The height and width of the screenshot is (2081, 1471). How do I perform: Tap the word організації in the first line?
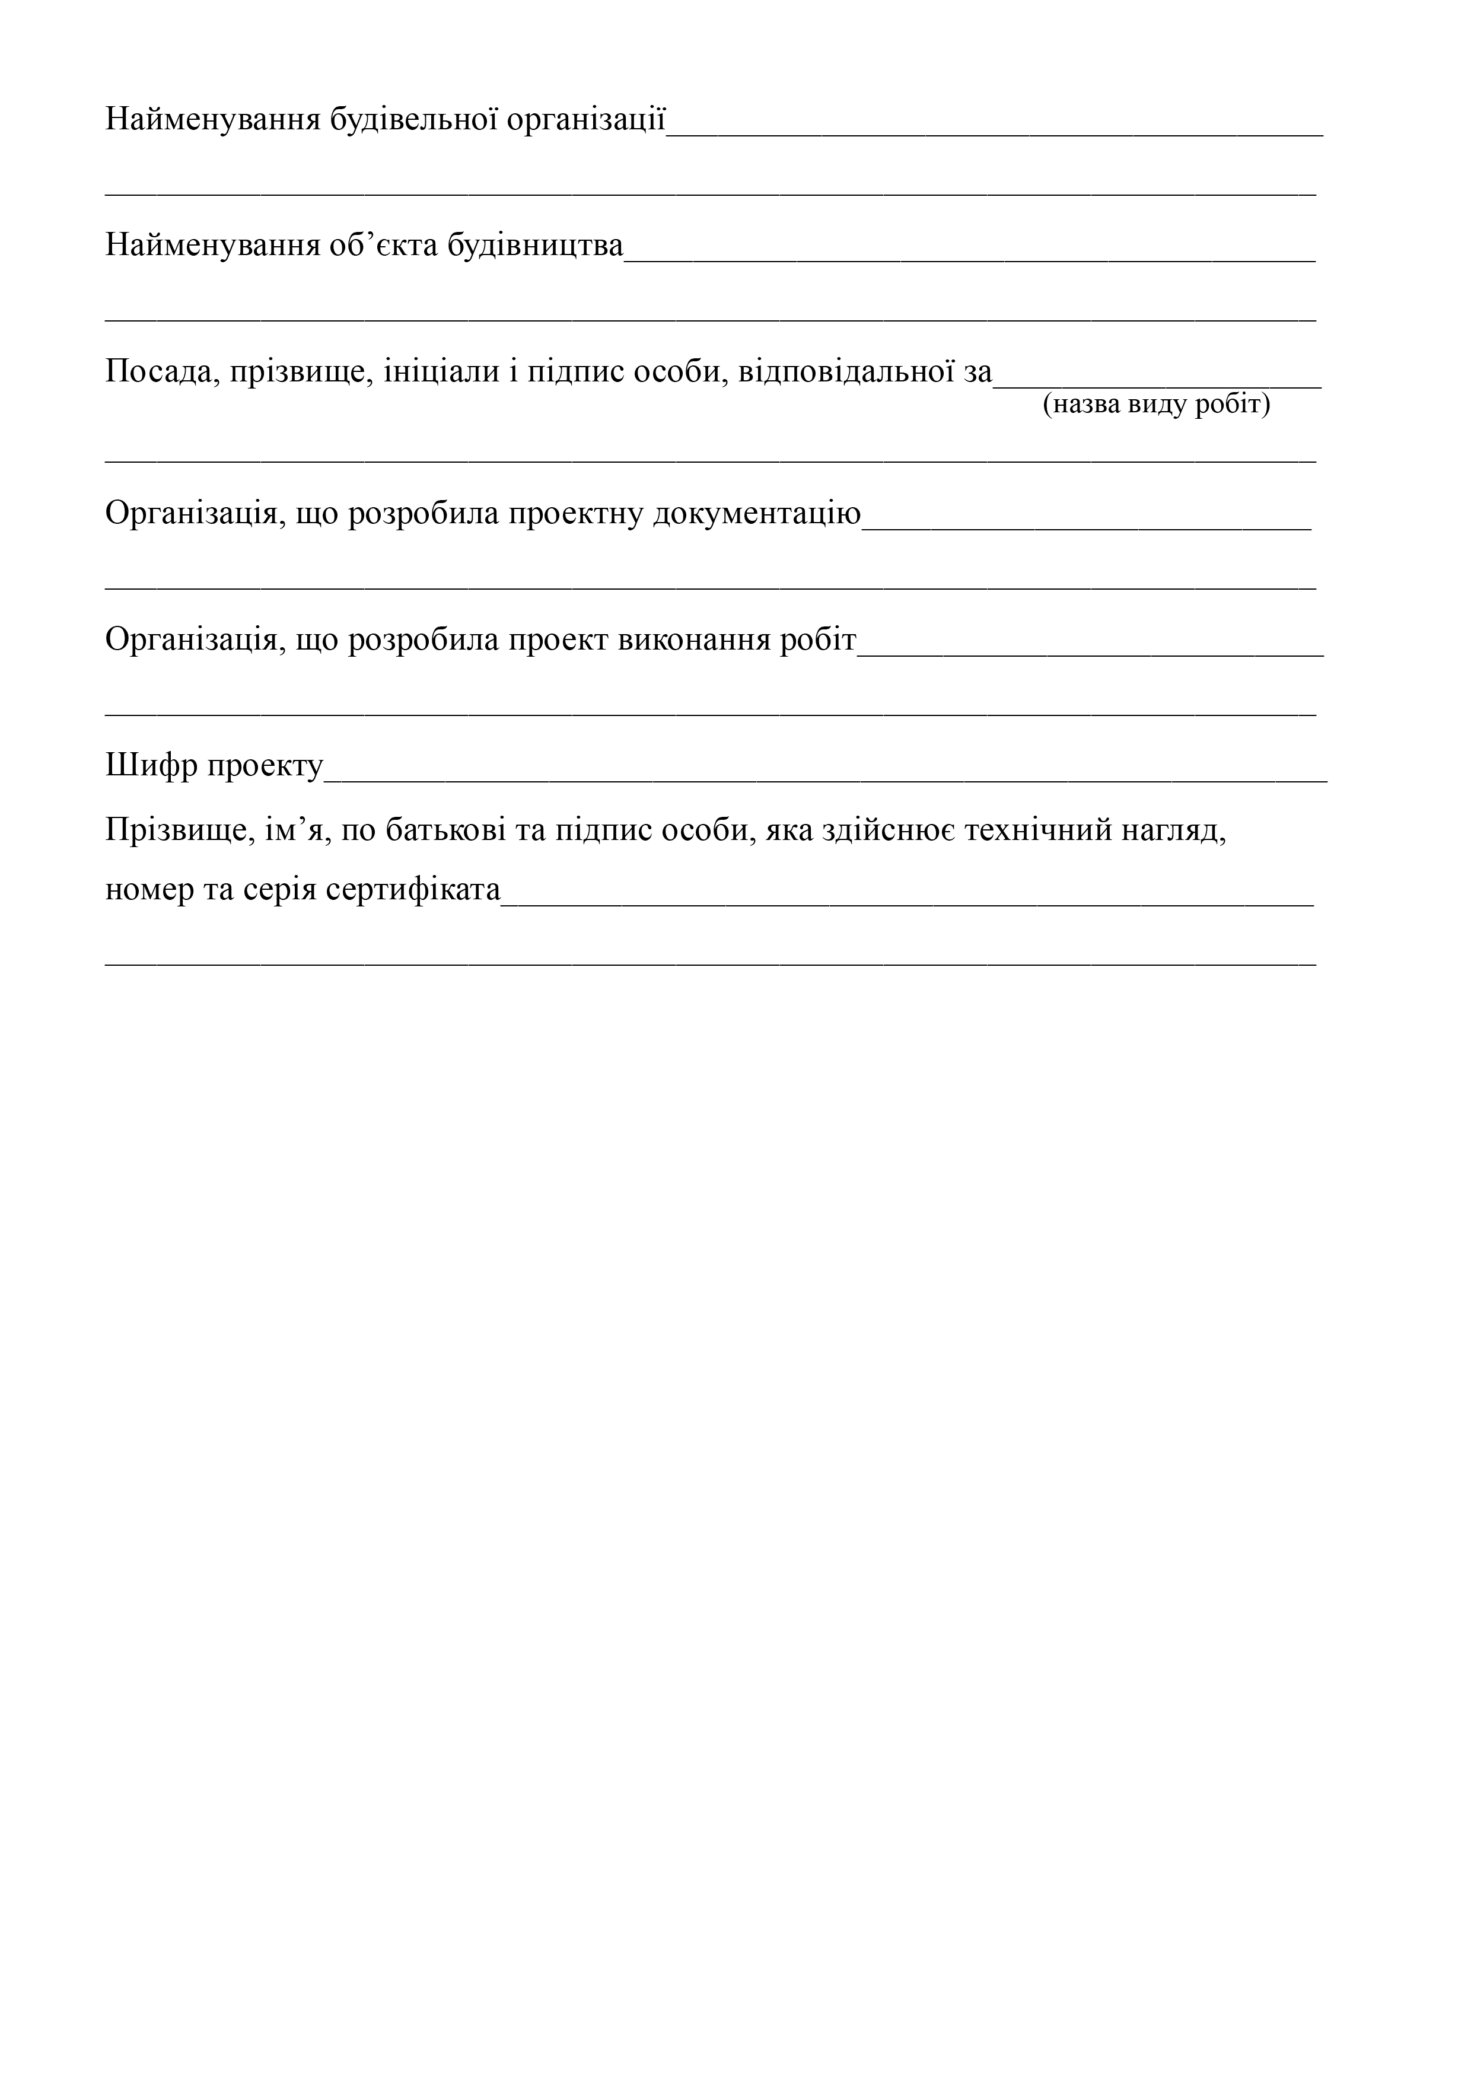587,120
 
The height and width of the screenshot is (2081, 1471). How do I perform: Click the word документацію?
757,514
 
